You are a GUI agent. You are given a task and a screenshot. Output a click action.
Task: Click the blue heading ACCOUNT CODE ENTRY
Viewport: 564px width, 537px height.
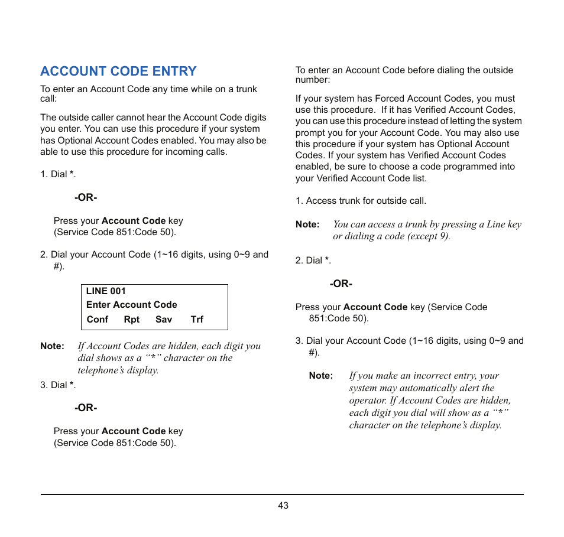[118, 71]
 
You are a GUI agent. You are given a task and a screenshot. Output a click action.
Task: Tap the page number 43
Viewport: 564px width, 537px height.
[283, 506]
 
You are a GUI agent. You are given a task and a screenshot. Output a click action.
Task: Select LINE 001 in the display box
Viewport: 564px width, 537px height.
[106, 291]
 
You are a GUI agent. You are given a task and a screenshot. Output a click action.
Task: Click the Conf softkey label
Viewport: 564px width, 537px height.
[98, 320]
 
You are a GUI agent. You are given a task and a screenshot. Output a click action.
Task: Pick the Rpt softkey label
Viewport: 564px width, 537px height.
[132, 320]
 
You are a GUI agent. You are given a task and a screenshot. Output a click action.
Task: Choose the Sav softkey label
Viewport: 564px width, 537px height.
[164, 320]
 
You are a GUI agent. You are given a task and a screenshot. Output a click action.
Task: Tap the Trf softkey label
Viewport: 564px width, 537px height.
[197, 320]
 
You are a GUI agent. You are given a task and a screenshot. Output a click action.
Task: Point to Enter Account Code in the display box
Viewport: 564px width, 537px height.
[132, 305]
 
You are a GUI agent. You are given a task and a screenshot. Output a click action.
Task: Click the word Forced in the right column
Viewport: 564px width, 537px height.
[390, 99]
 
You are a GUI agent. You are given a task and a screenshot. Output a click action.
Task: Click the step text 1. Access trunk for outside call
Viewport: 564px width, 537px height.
[361, 201]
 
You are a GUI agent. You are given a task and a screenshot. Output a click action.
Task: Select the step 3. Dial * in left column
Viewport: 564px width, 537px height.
[58, 385]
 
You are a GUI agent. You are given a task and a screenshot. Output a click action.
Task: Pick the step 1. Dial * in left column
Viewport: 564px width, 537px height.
[58, 174]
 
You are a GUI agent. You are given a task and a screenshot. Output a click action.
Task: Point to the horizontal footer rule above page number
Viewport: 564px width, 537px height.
[282, 494]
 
